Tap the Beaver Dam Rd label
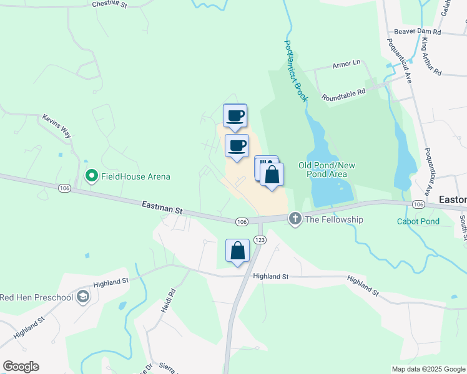click(417, 32)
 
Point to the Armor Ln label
click(347, 64)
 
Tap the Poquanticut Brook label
click(297, 72)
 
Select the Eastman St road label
click(161, 207)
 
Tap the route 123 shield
click(260, 240)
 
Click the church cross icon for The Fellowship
click(295, 219)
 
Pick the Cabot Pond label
click(418, 221)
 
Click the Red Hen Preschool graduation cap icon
click(82, 297)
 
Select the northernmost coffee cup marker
click(235, 115)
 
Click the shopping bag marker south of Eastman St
click(237, 251)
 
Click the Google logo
click(21, 367)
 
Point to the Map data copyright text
click(428, 369)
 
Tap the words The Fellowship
click(334, 219)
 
